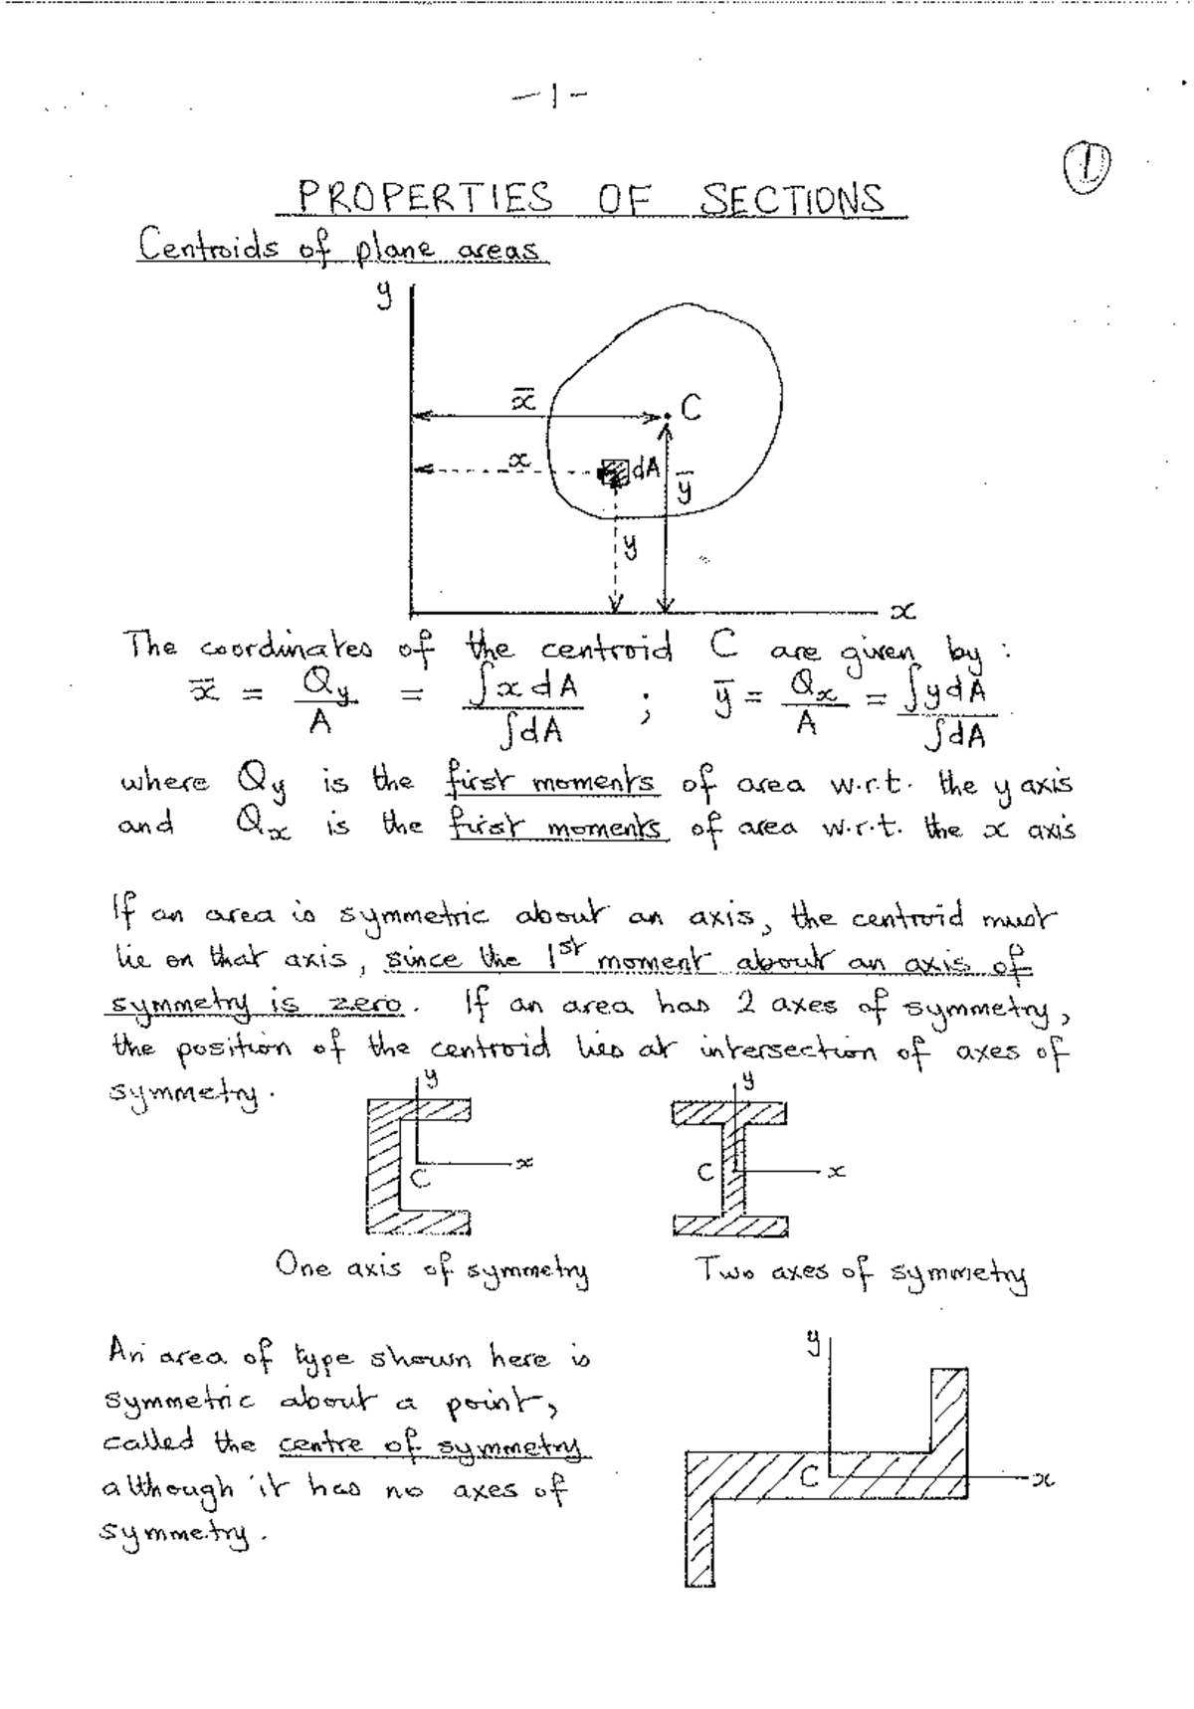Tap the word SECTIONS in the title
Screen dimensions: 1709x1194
(x=792, y=199)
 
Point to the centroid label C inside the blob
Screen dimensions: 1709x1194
(x=691, y=407)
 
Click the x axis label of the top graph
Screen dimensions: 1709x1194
(x=902, y=610)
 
